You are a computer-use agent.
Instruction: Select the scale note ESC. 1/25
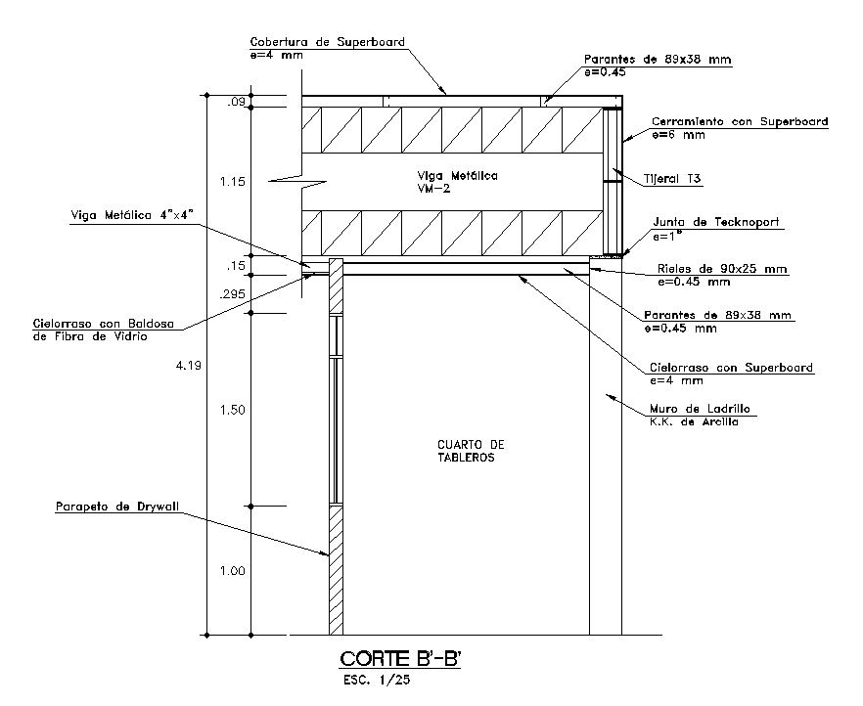click(372, 681)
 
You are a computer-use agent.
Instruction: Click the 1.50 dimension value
click(232, 410)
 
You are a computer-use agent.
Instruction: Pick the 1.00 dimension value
click(232, 571)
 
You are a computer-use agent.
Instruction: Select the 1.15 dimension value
click(232, 182)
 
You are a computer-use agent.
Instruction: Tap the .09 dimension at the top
click(236, 102)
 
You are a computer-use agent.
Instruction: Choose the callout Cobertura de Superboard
click(327, 43)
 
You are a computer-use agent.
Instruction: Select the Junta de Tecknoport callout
click(715, 223)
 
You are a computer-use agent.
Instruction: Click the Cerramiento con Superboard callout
click(740, 122)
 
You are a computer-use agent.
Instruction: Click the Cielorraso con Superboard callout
click(731, 368)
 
